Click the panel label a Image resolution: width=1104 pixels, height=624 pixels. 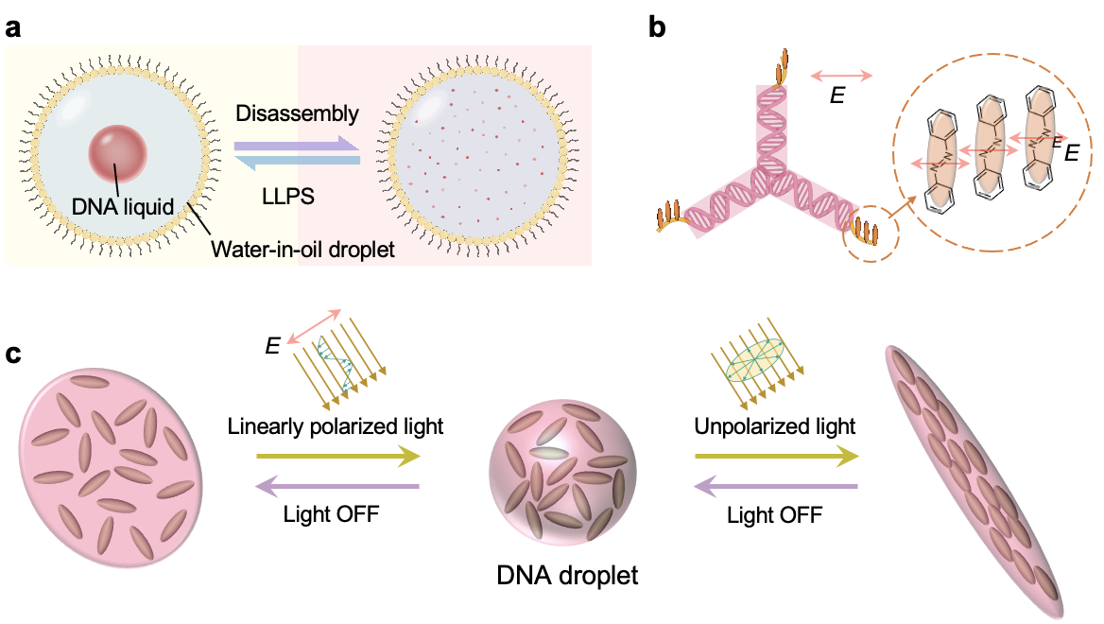point(14,28)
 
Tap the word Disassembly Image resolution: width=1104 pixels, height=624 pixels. point(297,114)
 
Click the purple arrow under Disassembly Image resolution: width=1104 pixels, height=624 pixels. point(297,145)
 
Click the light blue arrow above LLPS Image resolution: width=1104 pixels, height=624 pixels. point(297,163)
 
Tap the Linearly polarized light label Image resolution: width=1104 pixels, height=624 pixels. point(336,426)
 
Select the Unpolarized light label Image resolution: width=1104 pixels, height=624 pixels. point(775,426)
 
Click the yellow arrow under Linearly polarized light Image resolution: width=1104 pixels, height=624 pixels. point(337,459)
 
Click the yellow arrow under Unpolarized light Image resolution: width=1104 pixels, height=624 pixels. point(777,459)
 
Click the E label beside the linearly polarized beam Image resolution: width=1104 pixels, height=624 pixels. point(271,348)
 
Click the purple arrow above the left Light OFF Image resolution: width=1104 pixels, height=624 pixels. point(337,487)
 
